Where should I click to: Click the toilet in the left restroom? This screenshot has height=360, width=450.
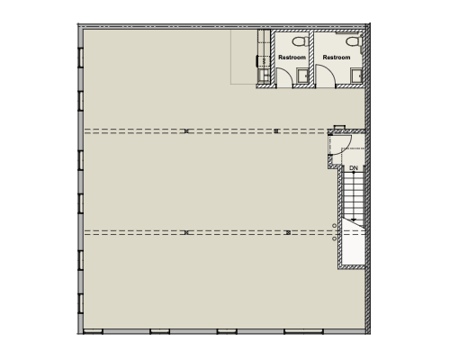click(301, 41)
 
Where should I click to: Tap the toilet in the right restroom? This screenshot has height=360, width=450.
click(354, 41)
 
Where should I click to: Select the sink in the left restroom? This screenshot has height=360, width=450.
click(302, 76)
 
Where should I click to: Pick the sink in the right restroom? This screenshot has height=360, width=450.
click(357, 76)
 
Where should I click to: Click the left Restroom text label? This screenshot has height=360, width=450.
click(292, 58)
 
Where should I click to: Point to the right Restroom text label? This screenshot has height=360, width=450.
click(337, 58)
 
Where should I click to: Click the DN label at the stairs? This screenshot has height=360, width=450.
click(354, 168)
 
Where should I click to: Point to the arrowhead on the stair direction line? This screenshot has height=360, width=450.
click(354, 220)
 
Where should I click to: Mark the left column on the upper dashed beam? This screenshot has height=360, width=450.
click(186, 131)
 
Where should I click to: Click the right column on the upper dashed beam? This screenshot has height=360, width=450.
click(276, 131)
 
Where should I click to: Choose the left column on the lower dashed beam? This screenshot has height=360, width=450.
click(186, 232)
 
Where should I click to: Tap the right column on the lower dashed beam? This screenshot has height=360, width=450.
click(288, 232)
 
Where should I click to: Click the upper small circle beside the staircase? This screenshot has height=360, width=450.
click(334, 226)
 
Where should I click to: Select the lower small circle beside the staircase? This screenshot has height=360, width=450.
click(334, 238)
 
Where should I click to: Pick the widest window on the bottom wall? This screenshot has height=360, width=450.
click(303, 331)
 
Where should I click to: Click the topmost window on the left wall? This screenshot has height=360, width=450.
click(80, 58)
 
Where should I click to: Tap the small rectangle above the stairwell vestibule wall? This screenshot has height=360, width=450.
click(339, 127)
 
